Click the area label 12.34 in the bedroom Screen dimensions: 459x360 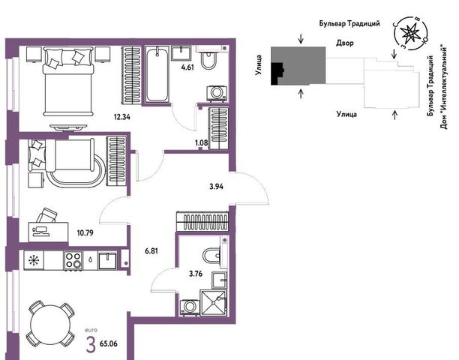coord(122,117)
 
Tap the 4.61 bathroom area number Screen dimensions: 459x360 coord(187,67)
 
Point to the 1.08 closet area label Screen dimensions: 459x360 coord(202,143)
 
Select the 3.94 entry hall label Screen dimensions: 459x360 coord(216,187)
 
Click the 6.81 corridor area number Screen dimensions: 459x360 coord(151,250)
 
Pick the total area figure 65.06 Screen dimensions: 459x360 coord(109,343)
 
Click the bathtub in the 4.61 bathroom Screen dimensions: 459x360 coord(157,75)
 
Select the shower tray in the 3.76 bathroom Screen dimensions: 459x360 coord(214,303)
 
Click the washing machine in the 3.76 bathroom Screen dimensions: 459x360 coord(189,307)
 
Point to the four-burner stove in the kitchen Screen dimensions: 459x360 coord(73,260)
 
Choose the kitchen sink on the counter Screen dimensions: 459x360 coord(107,260)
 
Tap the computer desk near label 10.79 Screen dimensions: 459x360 coord(48,232)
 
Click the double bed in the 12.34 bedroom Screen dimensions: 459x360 coord(68,81)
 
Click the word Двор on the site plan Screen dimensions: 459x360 coord(344,43)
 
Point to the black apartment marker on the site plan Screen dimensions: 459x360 coord(277,73)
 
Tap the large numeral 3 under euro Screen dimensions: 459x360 coord(91,344)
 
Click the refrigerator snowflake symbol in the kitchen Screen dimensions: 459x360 coord(34,260)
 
